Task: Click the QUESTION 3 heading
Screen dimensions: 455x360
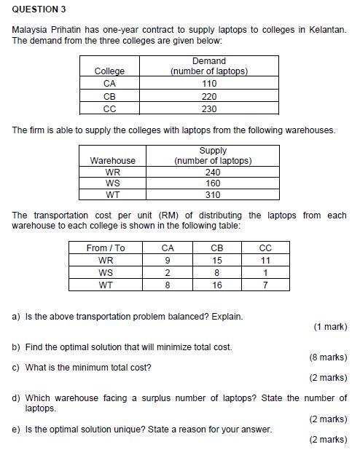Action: point(39,9)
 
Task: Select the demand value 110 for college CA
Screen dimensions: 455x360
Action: point(209,84)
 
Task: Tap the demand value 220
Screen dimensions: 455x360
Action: point(209,96)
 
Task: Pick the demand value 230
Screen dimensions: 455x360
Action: point(209,108)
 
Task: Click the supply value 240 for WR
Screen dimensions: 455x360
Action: point(213,173)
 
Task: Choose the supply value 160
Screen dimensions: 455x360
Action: point(213,183)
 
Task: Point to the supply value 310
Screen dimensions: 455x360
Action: point(213,195)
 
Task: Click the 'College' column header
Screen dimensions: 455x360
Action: point(110,71)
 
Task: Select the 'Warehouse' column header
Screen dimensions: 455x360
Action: point(112,160)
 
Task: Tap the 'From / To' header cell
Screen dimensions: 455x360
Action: point(106,248)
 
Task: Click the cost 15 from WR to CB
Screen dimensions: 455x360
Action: point(216,261)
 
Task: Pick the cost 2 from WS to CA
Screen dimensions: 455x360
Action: point(168,273)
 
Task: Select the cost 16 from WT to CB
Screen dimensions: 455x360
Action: point(216,285)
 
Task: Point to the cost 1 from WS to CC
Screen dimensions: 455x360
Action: point(265,273)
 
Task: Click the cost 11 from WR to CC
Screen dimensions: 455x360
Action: point(265,261)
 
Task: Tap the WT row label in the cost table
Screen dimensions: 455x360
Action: point(106,285)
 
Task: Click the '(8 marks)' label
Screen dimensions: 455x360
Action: point(328,357)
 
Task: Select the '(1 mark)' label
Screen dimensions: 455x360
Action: point(330,327)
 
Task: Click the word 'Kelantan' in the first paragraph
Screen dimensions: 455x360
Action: point(328,29)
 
